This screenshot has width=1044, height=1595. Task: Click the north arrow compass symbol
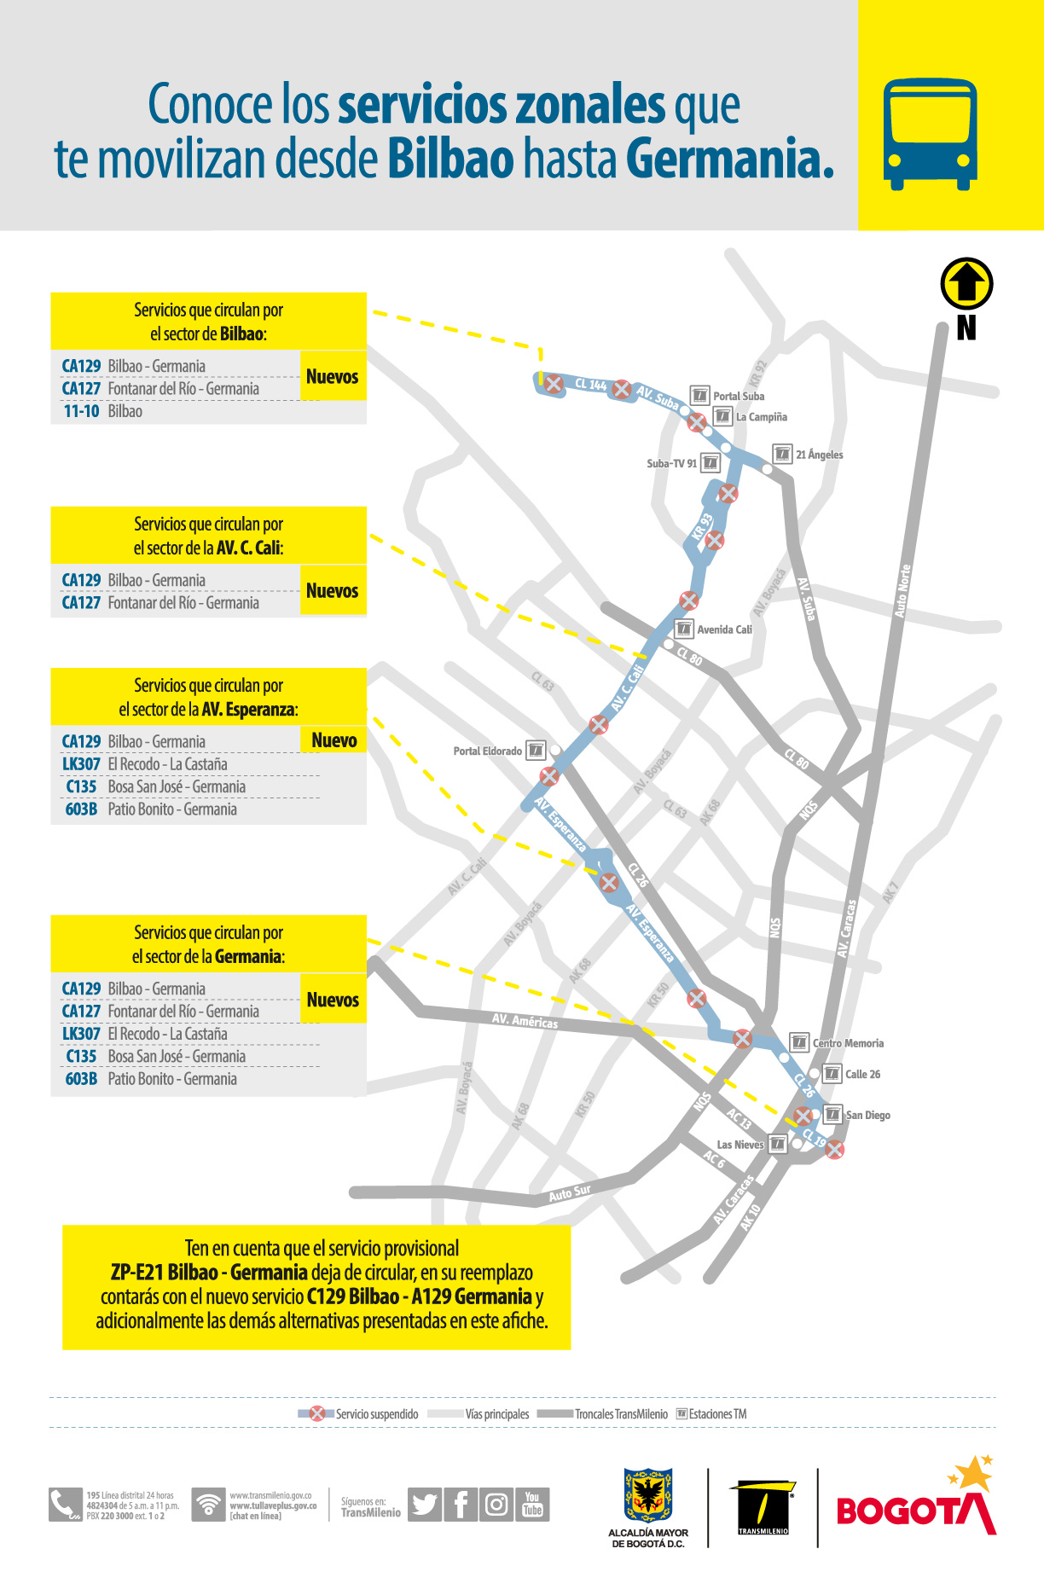click(966, 284)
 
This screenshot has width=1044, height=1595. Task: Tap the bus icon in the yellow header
click(930, 134)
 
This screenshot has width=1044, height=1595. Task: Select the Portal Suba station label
click(738, 396)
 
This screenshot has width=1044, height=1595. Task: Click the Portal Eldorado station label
click(487, 751)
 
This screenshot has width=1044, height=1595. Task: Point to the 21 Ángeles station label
click(819, 455)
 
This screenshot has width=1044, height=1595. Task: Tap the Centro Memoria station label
click(847, 1043)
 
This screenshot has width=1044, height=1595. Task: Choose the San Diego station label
click(867, 1115)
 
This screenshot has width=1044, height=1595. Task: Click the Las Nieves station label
click(739, 1145)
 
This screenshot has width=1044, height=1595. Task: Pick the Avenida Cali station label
click(724, 629)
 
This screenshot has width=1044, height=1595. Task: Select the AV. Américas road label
click(525, 1020)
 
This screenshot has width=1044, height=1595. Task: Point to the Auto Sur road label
click(569, 1193)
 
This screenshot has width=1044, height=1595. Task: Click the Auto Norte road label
click(902, 590)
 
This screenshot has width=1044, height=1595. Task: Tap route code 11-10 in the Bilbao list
click(81, 411)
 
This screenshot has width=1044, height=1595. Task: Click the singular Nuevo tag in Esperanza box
click(333, 740)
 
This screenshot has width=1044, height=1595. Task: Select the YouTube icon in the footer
click(532, 1504)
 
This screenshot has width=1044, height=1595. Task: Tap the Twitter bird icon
click(424, 1504)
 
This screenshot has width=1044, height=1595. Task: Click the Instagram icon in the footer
click(496, 1504)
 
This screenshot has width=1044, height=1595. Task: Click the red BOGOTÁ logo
click(915, 1510)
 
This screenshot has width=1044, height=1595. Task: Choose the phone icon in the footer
click(64, 1505)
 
